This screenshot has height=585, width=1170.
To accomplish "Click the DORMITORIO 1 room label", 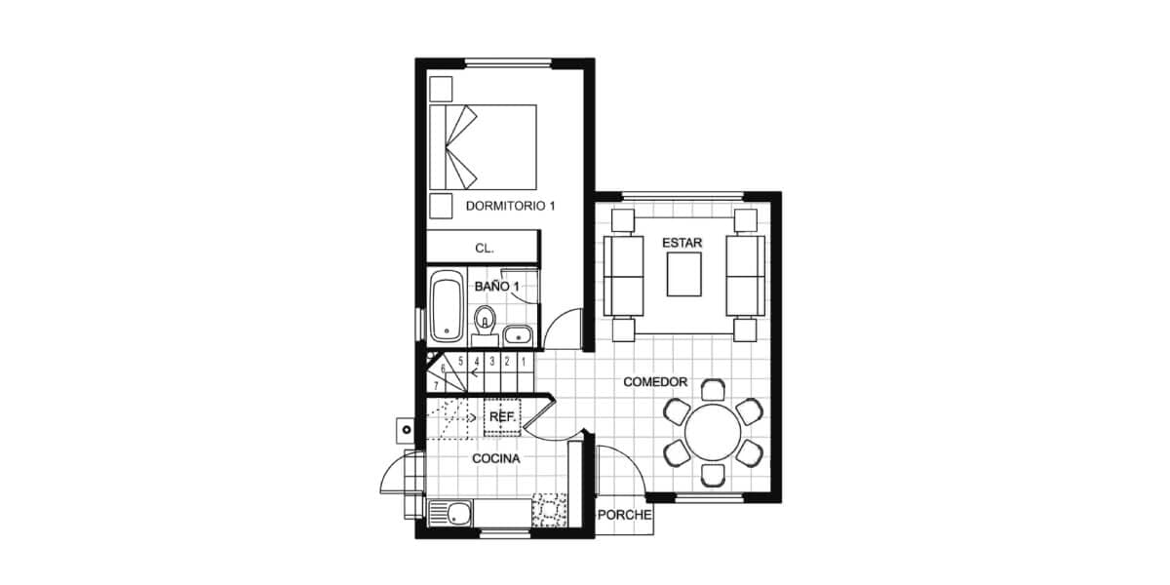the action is [510, 206].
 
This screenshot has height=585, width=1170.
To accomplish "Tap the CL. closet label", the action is [485, 248].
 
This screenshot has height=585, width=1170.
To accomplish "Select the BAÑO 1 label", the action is [496, 287].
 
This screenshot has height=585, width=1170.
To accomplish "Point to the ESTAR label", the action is [682, 243].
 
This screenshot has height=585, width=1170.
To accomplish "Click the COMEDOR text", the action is [655, 382].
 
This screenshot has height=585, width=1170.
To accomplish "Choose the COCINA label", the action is [496, 458].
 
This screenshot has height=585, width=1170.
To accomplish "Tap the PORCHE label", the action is [625, 515].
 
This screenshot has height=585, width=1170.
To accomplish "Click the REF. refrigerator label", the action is [502, 417].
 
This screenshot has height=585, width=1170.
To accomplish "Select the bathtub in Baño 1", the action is [448, 306].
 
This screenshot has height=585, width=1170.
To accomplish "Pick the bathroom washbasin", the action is [518, 335].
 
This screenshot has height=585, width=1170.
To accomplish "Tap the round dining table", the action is [713, 433].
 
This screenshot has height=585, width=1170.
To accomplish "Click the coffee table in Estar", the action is [683, 275].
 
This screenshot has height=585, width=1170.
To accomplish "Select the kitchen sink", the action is [450, 513].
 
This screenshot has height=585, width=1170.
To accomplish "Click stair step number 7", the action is [436, 386].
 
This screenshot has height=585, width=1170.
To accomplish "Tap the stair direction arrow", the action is [476, 372].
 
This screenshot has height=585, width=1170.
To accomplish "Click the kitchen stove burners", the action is [549, 510].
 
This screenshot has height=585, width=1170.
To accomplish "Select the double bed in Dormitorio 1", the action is [484, 147].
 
